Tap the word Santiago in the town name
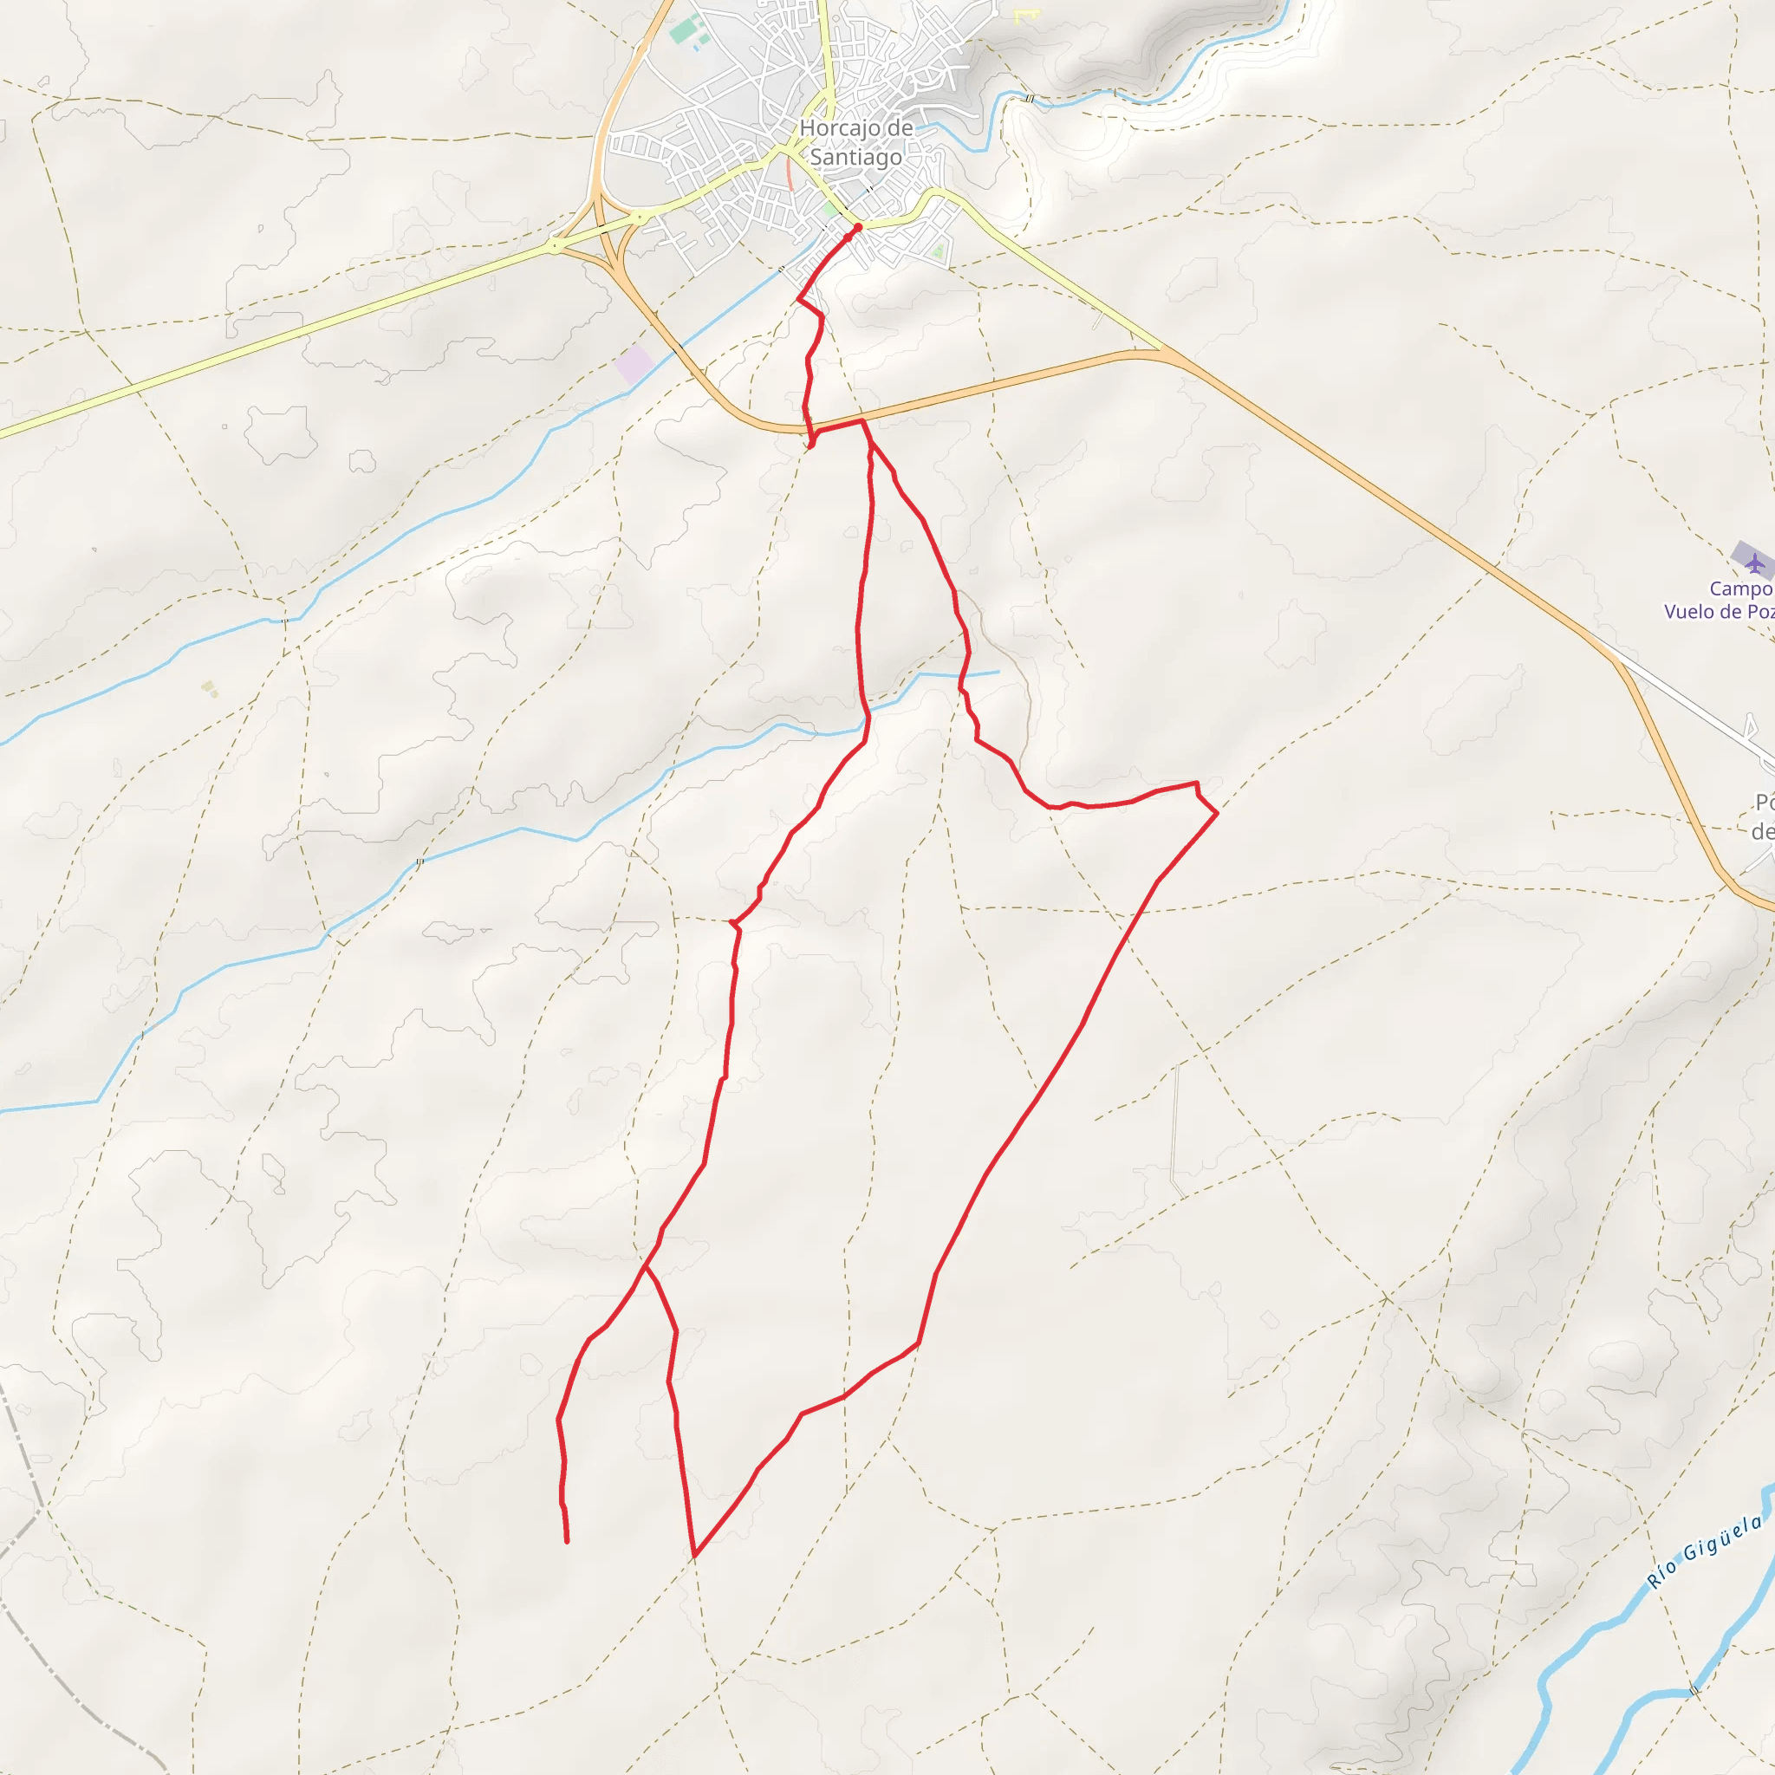coord(855,157)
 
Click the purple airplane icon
coord(1755,562)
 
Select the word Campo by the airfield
coord(1740,588)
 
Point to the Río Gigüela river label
coord(1704,1551)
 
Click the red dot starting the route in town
coord(857,227)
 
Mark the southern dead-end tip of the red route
coord(567,1541)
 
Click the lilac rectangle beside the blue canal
coord(634,365)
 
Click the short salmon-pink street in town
coord(789,173)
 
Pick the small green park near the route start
coord(830,211)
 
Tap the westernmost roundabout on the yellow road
coord(555,245)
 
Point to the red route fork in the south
coord(646,1266)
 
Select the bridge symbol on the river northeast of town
coord(1029,98)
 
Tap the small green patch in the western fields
coord(211,688)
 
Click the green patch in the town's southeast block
coord(937,249)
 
